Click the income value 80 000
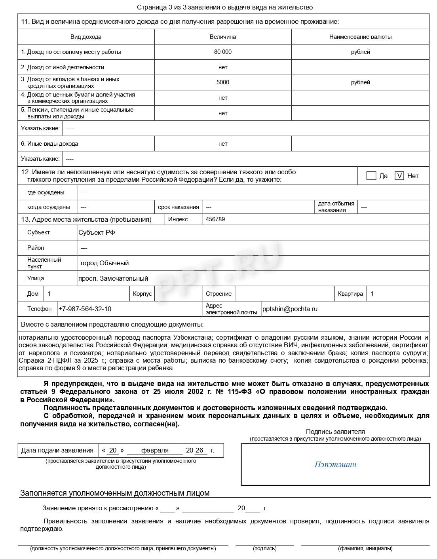tap(222, 52)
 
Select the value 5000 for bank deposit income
tap(222, 82)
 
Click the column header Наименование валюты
tap(360, 37)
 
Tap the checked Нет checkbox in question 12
tap(399, 176)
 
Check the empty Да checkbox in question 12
tap(371, 176)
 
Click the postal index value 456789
tap(215, 219)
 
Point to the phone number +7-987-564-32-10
tap(85, 309)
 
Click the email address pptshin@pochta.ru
tap(290, 309)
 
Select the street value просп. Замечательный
tap(113, 278)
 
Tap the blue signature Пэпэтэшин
tap(335, 464)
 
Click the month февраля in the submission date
tap(155, 451)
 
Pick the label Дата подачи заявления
tap(57, 451)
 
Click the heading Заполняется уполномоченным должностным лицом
tap(115, 493)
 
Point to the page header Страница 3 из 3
tap(224, 7)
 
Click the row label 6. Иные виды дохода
tap(49, 144)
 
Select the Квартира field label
tap(350, 294)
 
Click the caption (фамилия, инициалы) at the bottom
tap(365, 548)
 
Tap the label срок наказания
tap(178, 207)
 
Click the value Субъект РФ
tap(97, 233)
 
